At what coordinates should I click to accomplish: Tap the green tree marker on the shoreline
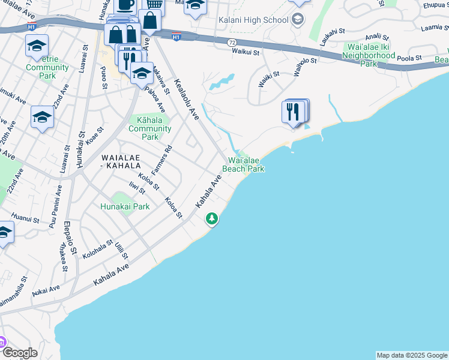pyautogui.click(x=211, y=218)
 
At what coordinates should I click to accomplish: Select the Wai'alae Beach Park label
pyautogui.click(x=243, y=164)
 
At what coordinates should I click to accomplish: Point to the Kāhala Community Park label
pyautogui.click(x=150, y=128)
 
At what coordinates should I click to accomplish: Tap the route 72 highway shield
pyautogui.click(x=232, y=43)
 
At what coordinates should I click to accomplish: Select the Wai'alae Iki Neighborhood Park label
pyautogui.click(x=368, y=55)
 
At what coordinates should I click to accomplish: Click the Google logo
pyautogui.click(x=19, y=353)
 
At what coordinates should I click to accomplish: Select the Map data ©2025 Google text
pyautogui.click(x=412, y=355)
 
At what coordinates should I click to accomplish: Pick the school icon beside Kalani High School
pyautogui.click(x=297, y=19)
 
